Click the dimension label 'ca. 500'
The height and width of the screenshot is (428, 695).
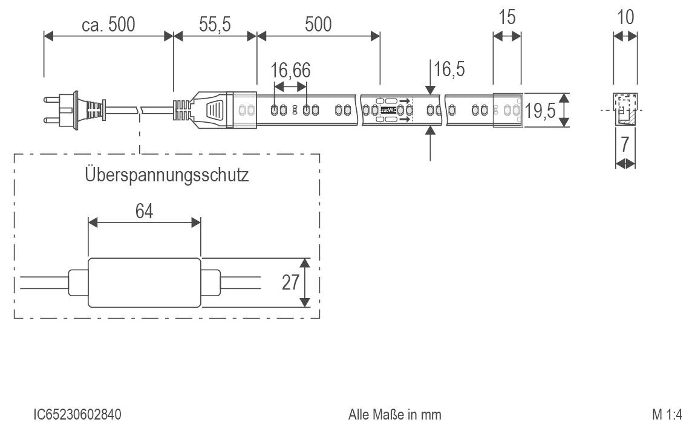click(109, 24)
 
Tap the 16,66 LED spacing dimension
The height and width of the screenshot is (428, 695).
click(290, 71)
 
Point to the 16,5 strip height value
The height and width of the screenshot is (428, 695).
click(449, 70)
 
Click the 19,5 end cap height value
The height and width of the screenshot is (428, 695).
click(540, 111)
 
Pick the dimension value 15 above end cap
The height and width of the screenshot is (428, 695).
click(507, 18)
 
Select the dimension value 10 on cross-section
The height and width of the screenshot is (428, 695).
click(625, 18)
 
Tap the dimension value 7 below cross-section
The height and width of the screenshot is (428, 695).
click(625, 144)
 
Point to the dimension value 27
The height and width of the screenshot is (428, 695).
click(290, 282)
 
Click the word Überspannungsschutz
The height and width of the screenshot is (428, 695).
click(167, 176)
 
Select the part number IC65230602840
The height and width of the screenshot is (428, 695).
click(77, 415)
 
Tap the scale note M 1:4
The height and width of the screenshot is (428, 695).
click(667, 415)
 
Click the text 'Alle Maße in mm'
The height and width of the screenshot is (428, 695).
click(394, 415)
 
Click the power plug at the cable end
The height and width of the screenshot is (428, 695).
click(67, 110)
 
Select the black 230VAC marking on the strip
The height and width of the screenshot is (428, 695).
click(388, 111)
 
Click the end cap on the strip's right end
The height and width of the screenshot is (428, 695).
click(507, 110)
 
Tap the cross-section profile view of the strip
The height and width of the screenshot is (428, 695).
click(625, 109)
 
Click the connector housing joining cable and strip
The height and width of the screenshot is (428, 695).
click(215, 110)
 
